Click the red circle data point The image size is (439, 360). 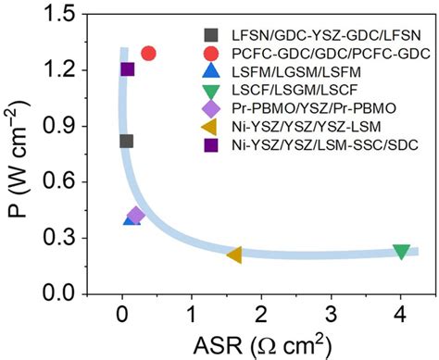click(x=148, y=54)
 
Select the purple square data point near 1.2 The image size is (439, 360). click(x=128, y=69)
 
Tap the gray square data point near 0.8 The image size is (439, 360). click(x=127, y=142)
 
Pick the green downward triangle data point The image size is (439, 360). click(x=401, y=252)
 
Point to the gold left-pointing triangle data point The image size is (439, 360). click(x=234, y=254)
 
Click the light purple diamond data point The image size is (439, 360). click(x=136, y=216)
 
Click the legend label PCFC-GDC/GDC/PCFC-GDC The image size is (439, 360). click(x=320, y=53)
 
